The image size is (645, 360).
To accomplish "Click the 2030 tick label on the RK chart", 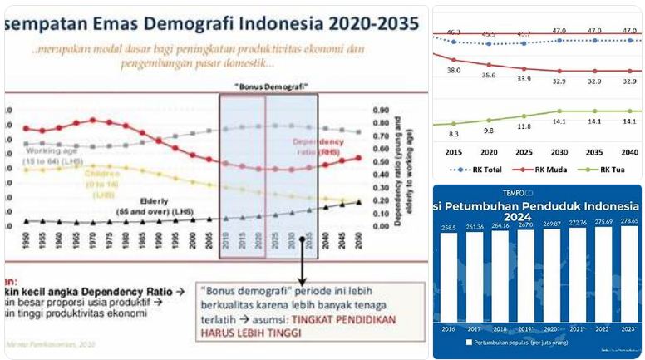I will (559, 153).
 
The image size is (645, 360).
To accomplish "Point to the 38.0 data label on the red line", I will (454, 71).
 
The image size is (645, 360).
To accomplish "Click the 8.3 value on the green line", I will (454, 134).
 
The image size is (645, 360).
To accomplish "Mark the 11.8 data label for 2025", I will (524, 126).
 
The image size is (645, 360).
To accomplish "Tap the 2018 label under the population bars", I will (500, 328).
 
